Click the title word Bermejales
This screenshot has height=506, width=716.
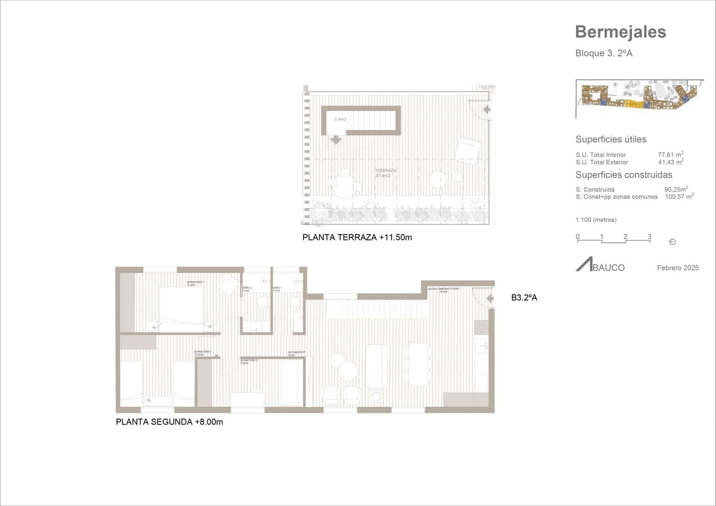[620, 32]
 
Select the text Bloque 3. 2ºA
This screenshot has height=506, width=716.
[604, 53]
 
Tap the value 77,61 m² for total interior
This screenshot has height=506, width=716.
[670, 154]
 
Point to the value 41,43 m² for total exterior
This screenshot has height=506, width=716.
[670, 162]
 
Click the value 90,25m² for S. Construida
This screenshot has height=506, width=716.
[676, 189]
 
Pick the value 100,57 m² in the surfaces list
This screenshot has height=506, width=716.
[679, 197]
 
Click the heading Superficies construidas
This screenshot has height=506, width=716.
[623, 175]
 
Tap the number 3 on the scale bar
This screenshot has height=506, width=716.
[649, 236]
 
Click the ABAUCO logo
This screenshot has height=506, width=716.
[600, 266]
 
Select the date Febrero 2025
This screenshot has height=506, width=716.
[678, 268]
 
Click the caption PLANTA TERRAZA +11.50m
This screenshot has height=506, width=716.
[357, 238]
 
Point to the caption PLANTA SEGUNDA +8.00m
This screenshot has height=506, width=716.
[169, 422]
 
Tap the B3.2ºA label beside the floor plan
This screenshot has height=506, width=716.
[524, 297]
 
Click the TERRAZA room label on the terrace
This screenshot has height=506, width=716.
[385, 171]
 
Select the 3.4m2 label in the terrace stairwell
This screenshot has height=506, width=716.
[340, 119]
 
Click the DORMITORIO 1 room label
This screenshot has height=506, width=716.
[195, 283]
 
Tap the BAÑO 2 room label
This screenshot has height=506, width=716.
[247, 287]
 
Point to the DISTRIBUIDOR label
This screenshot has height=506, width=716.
[296, 352]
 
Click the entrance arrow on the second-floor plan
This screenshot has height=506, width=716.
[490, 298]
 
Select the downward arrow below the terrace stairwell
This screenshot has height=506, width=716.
[336, 140]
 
